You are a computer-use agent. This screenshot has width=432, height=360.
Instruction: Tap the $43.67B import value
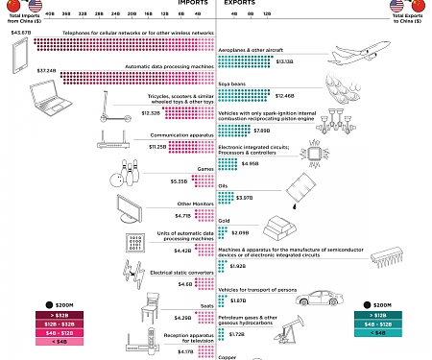[22, 33]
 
